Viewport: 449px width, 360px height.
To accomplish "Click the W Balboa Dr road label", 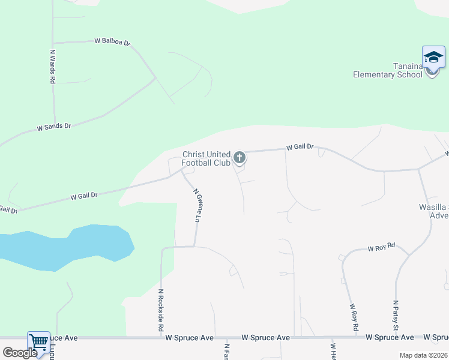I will [112, 41].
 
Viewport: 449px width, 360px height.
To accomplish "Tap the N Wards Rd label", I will [53, 66].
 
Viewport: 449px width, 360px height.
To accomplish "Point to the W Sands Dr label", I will [54, 127].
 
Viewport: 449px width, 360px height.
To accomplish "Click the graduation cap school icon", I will [433, 58].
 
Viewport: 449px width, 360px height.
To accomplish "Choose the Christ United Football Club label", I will [206, 158].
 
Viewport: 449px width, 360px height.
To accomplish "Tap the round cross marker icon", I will [240, 158].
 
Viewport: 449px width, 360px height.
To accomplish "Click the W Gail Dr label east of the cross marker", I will [300, 147].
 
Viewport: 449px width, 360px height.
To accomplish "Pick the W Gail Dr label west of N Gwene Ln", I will [84, 196].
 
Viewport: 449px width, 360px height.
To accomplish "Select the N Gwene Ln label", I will [196, 206].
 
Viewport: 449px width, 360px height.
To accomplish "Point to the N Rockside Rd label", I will [161, 310].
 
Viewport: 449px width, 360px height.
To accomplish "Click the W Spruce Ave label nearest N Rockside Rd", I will [190, 338].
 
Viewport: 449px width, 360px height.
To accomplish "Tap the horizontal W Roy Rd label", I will [382, 247].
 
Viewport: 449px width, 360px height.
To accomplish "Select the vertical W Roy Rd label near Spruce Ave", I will [353, 317].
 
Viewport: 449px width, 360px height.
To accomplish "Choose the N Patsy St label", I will [396, 315].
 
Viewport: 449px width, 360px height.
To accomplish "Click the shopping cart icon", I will [38, 342].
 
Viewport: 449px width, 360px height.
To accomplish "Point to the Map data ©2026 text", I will [423, 355].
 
